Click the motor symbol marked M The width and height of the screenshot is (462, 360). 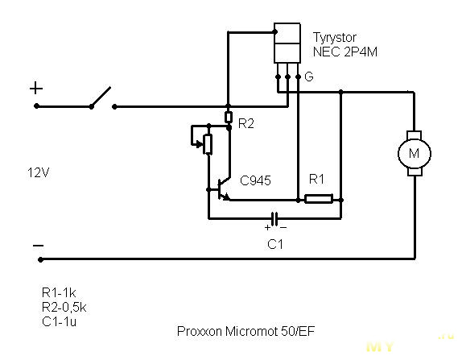tap(415, 153)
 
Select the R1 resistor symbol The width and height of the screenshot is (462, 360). tap(319, 199)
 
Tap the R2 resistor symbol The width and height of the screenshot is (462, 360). tap(229, 117)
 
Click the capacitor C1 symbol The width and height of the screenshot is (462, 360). tap(274, 219)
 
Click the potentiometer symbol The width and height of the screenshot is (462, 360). tap(208, 144)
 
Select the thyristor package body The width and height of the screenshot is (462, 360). tap(287, 43)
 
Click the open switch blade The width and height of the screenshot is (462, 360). tap(101, 97)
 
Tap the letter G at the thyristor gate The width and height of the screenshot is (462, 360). tap(309, 77)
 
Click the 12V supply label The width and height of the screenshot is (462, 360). tap(38, 173)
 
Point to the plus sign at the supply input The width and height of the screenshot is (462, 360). tap(36, 88)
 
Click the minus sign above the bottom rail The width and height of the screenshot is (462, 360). tap(39, 246)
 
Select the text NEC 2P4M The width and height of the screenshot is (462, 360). tap(345, 52)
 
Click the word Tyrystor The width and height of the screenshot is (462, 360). tap(334, 38)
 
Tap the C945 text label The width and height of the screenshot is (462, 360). tap(255, 180)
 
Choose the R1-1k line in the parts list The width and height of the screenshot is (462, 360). tap(59, 292)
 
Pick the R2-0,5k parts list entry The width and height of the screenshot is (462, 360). tap(64, 307)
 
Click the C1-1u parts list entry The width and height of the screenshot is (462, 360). tap(60, 321)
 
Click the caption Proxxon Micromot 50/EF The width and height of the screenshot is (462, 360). tap(245, 331)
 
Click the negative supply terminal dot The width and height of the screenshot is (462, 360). tap(40, 259)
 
